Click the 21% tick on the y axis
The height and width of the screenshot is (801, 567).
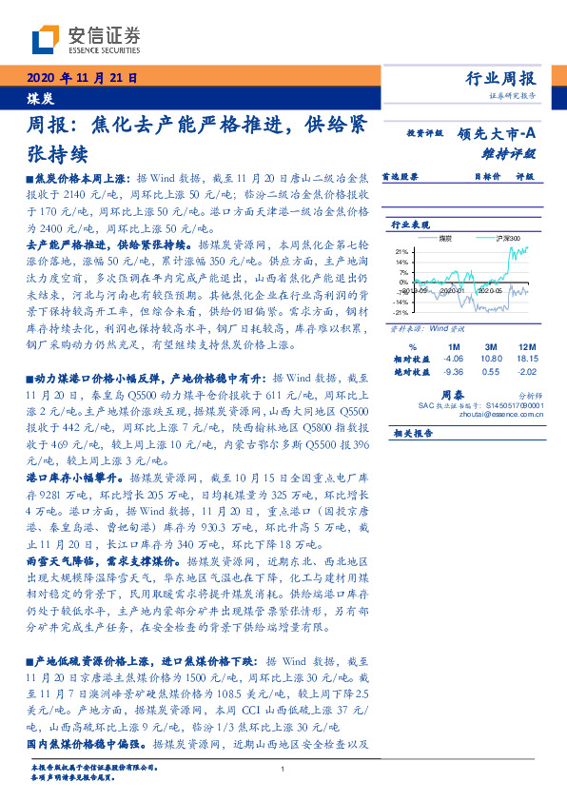click(401, 251)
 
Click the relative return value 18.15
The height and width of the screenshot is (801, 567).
click(529, 360)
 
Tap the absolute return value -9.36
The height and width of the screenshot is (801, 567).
click(453, 373)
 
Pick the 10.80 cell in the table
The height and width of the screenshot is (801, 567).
click(491, 360)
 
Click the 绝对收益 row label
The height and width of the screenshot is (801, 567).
click(409, 373)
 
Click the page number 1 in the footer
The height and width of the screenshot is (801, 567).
click(283, 770)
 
